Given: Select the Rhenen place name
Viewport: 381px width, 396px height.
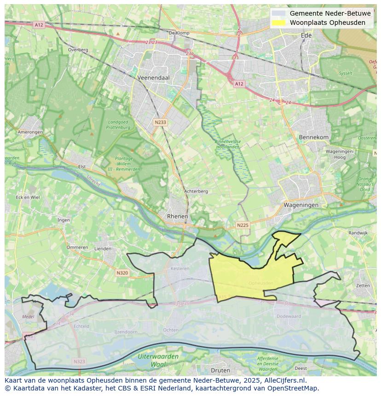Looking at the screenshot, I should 177,216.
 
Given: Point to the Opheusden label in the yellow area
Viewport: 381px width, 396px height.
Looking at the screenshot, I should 260,283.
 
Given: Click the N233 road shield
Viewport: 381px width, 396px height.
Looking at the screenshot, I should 160,122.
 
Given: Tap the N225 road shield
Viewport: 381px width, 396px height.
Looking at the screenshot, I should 242,225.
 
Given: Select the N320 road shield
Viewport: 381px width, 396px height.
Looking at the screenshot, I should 122,273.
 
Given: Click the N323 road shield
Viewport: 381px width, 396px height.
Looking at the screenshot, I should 79,362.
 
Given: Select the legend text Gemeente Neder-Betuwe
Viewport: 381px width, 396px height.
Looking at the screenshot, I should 330,13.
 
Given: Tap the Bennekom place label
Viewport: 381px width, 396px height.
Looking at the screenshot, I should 314,137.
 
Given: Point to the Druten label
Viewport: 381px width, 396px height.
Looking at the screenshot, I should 220,370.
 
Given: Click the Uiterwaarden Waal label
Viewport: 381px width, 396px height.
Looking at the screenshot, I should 158,360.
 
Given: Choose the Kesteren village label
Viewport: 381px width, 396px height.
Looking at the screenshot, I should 179,268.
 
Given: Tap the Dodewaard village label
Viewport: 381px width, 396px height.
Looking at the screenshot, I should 289,316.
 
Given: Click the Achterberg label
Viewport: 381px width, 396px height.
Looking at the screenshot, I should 196,191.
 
